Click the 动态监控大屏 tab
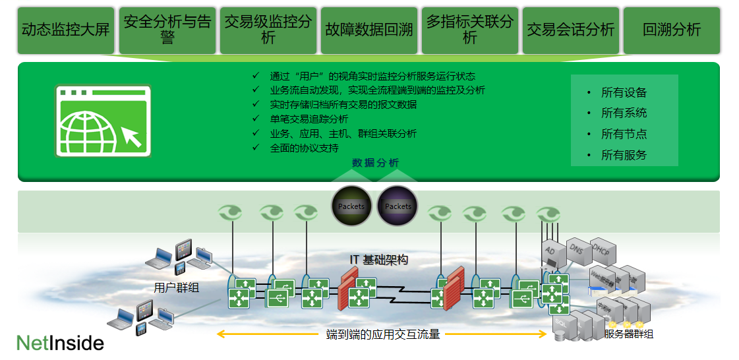coord(65,30)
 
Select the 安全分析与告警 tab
coord(167,30)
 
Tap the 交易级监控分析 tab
coord(268,30)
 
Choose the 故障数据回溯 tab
coord(369,30)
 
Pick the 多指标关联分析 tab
coord(469,30)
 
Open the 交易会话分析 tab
coord(570,30)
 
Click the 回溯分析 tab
coord(671,30)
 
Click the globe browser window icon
coord(103,121)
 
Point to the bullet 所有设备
coord(624,93)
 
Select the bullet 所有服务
coord(624,156)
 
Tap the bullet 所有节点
coord(624,135)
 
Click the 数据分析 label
coord(375,163)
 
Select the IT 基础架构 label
coord(378,260)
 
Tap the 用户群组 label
coord(176,288)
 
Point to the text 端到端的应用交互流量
coord(383,334)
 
